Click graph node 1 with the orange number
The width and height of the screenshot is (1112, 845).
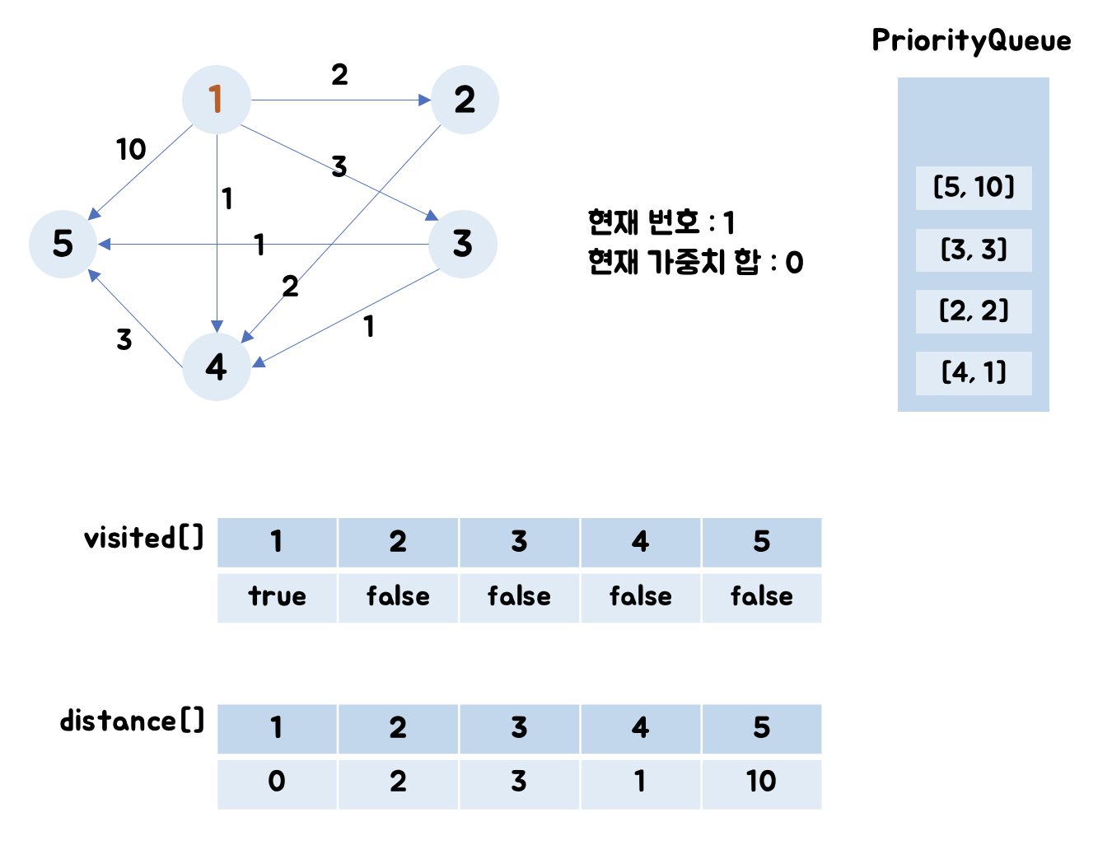pos(216,100)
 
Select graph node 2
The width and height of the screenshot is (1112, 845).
pos(465,100)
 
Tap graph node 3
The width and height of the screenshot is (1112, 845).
pos(463,244)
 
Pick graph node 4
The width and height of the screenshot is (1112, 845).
pos(216,366)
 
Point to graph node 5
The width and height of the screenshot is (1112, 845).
pos(63,244)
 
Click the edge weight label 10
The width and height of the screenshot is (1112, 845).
pos(131,150)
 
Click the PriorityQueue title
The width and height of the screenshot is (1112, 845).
pos(971,40)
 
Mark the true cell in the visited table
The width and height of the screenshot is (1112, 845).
pos(277,597)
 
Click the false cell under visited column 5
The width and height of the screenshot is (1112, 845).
pos(761,597)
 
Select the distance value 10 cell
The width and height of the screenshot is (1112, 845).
pos(761,782)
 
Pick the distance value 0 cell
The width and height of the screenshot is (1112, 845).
pos(277,782)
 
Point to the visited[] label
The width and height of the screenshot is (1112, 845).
pos(143,539)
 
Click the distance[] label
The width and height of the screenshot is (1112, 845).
pos(132,721)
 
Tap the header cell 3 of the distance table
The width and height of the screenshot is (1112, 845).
pos(519,729)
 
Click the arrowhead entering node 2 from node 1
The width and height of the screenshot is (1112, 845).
pos(425,100)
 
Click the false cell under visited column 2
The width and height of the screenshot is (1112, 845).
pos(398,597)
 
